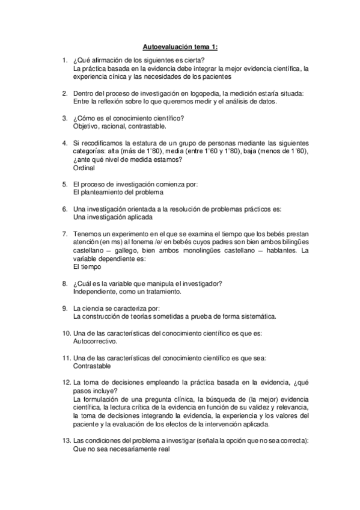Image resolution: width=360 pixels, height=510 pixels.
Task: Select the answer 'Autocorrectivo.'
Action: click(x=96, y=340)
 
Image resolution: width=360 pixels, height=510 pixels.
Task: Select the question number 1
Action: click(x=64, y=60)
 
